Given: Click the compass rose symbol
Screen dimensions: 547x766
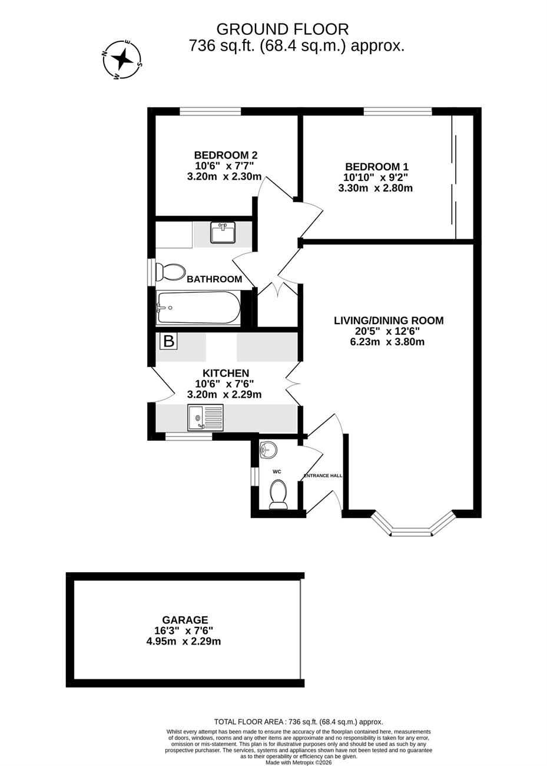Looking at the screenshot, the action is pos(122,60).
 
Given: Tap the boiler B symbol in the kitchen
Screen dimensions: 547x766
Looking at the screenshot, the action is pos(169,341).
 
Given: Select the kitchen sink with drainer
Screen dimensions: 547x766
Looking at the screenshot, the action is pos(205,417).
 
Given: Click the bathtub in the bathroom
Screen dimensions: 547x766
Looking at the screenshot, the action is pos(198,308).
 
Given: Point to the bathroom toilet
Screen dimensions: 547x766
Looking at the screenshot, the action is pos(171,272).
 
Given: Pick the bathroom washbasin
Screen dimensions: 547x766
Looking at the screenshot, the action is pos(223,232).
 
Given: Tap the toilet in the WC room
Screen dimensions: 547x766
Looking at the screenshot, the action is pos(277,494).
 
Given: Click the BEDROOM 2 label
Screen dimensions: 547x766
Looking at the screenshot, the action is pos(226,155).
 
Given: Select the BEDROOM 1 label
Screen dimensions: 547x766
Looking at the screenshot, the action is pos(376,167).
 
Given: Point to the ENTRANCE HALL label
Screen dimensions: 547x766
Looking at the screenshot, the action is pos(323,476).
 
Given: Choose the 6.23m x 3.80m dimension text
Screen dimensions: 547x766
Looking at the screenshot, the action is pos(387,341).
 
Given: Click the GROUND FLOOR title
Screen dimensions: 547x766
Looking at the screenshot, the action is pos(283,29).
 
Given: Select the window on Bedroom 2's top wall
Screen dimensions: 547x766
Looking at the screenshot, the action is pos(210,111).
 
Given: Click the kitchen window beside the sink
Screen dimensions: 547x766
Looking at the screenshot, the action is pos(188,436).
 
